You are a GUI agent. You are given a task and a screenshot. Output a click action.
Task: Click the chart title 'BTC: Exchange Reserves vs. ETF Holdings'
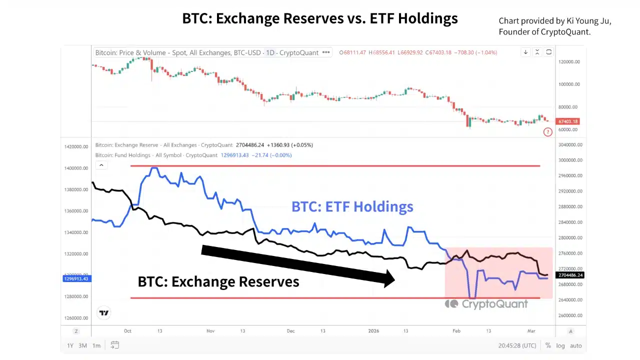coord(320,18)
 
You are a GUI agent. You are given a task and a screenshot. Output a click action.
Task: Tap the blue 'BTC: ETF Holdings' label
coord(352,206)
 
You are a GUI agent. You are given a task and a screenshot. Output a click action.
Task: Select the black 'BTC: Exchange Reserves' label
coord(218,281)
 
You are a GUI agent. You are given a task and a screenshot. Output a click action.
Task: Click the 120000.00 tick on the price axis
coord(569,62)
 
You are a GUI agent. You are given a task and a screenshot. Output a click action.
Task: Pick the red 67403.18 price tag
coord(568,121)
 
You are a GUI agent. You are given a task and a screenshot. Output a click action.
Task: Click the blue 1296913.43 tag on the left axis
coord(76,278)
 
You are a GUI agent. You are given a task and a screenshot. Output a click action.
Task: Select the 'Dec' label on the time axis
coord(291,331)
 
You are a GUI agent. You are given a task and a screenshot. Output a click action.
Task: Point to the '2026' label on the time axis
coord(374,331)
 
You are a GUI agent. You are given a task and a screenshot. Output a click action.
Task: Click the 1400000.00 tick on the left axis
coord(76,168)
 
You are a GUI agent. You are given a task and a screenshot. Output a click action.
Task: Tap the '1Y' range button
coord(70,345)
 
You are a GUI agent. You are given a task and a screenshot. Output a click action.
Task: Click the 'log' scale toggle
coord(560,345)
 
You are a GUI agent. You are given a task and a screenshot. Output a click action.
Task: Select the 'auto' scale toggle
coord(575,345)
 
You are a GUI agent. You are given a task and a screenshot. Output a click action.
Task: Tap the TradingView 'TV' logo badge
coord(104,313)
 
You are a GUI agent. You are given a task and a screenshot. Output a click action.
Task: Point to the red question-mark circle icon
coord(548,132)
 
